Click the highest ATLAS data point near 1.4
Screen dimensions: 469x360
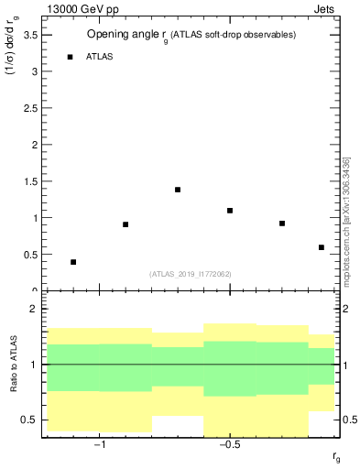[178, 190]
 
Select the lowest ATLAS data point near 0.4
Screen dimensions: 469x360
[73, 262]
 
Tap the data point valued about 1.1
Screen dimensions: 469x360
[230, 211]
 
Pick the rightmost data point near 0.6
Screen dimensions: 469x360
[322, 247]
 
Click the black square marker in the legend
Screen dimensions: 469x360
[70, 57]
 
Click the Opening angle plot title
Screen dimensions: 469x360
[191, 35]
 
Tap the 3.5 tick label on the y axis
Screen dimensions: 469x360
[29, 35]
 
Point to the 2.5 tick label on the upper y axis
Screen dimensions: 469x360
[29, 108]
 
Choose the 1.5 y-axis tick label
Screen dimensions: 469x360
[29, 181]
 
